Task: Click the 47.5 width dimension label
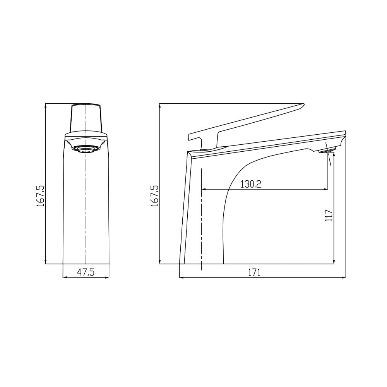(x=86, y=272)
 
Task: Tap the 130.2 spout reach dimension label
(x=251, y=184)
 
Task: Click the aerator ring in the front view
(x=86, y=149)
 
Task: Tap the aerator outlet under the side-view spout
(x=327, y=150)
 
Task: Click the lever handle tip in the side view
(x=303, y=104)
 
